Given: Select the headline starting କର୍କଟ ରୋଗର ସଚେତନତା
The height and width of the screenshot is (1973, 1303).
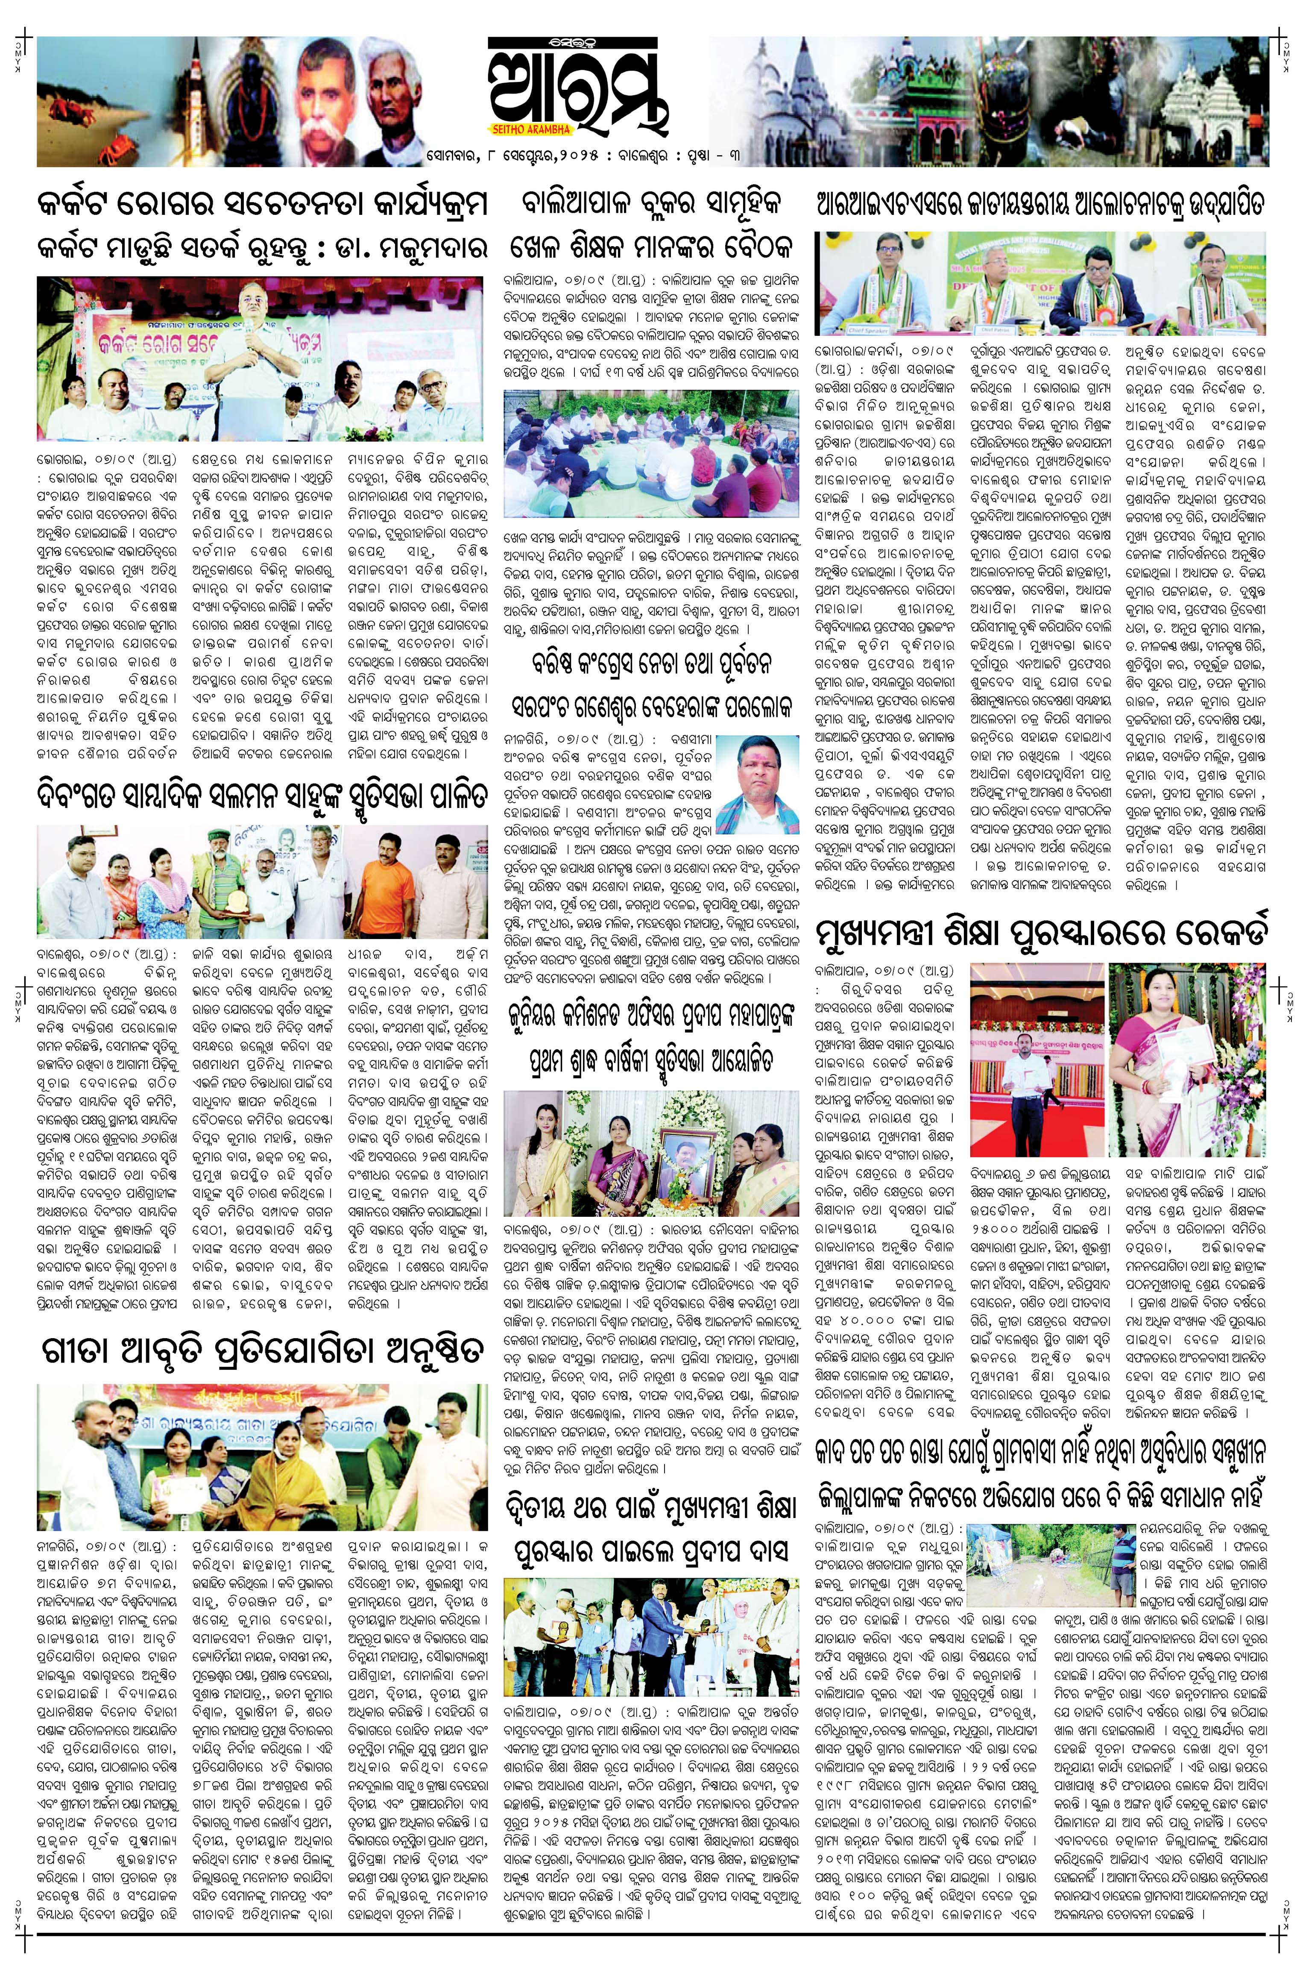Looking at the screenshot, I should (261, 205).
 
